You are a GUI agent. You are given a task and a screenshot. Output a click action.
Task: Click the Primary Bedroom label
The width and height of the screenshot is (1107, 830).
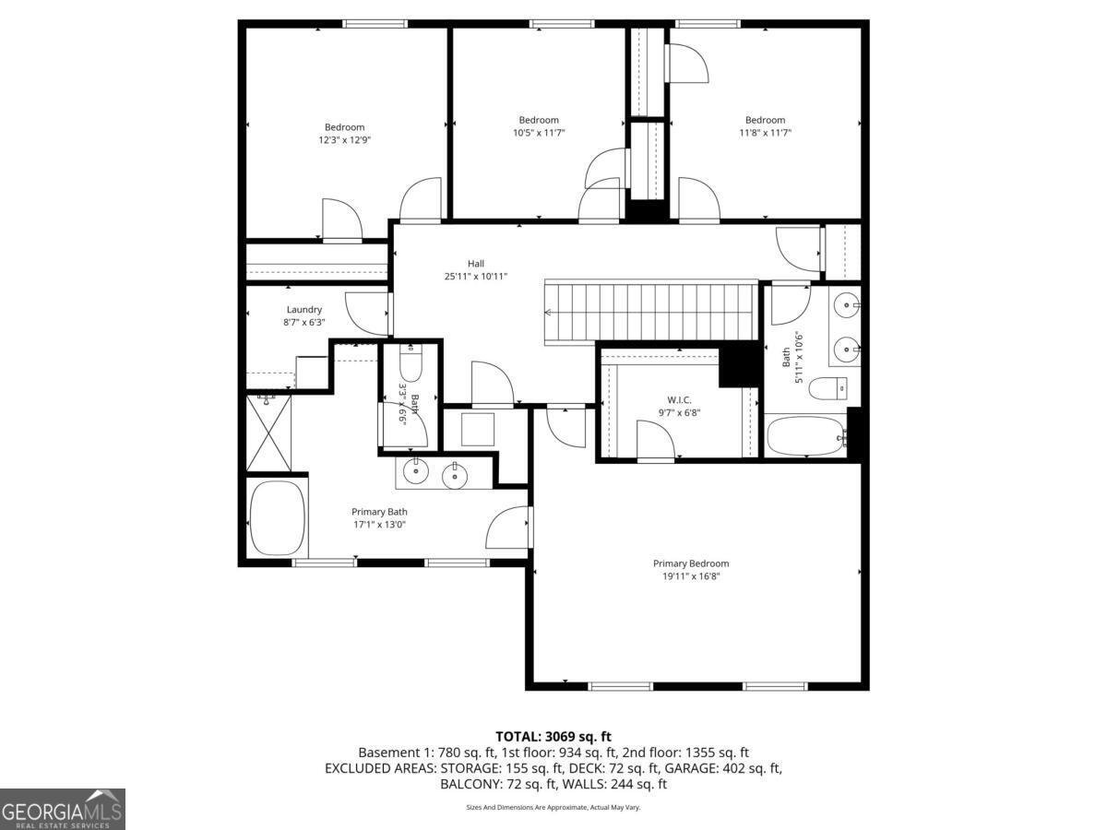coord(690,563)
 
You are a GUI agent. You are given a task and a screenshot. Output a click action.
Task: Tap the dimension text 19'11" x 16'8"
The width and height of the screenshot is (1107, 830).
coord(690,576)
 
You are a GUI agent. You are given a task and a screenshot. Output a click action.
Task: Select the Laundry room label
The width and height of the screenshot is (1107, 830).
coord(304,310)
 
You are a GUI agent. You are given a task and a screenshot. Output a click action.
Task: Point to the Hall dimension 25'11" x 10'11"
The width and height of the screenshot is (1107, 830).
coord(475,276)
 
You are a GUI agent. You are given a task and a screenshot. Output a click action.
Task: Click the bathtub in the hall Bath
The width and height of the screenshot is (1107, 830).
coord(805,435)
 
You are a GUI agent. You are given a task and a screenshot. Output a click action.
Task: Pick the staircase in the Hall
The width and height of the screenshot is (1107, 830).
coord(650,312)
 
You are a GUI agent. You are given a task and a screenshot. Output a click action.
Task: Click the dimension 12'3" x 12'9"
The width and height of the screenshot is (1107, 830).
coord(344,140)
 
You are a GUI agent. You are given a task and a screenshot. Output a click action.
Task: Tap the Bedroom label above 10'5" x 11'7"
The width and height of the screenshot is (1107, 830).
coord(539,120)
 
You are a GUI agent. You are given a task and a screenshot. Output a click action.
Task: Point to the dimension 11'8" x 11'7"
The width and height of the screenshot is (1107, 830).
coord(765,133)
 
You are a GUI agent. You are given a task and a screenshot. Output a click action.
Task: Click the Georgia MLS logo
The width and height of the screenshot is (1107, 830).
coord(62,809)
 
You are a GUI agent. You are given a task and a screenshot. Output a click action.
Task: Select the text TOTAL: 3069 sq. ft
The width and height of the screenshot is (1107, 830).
coord(553,736)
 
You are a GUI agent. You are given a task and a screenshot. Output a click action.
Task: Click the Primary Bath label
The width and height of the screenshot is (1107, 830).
coord(378,512)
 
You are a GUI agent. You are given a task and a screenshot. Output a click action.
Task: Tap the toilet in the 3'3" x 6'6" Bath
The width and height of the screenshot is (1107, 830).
coord(411,364)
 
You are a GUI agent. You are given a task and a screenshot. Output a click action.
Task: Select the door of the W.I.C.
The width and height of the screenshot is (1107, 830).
coord(655,441)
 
